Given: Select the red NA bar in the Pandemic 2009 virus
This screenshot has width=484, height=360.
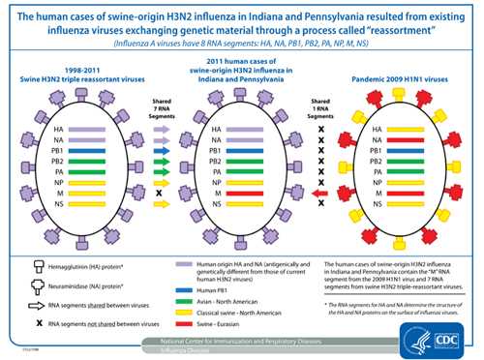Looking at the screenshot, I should click(x=408, y=140).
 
